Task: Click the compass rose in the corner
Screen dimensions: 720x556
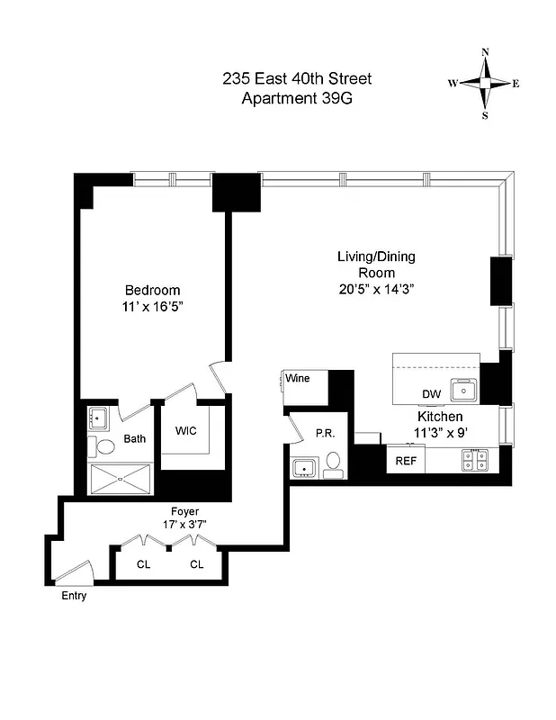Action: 485,84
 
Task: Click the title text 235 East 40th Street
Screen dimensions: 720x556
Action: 297,79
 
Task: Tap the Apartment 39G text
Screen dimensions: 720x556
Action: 297,98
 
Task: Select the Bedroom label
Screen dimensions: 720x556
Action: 152,291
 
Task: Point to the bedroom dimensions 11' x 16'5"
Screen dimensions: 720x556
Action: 152,307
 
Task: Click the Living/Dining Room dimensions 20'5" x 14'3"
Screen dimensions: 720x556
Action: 375,289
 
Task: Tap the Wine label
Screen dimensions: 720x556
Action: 298,378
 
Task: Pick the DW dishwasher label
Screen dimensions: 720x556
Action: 431,394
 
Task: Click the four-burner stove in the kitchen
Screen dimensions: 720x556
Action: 475,459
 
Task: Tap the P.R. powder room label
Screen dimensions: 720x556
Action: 325,433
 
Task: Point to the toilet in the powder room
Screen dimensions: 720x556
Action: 332,462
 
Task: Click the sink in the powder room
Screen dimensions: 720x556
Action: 303,467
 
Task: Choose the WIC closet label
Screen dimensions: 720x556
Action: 186,430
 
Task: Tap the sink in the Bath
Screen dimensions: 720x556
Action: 98,418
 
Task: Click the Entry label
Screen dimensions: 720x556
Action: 74,596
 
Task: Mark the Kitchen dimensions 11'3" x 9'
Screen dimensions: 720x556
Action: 440,433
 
